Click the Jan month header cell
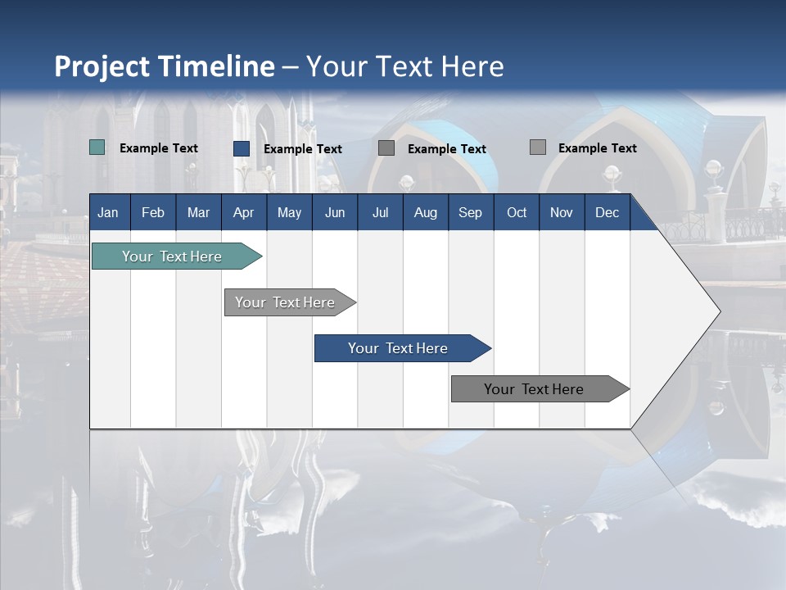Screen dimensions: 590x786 click(108, 212)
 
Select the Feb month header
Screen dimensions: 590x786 click(153, 212)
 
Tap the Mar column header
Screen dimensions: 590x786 click(198, 212)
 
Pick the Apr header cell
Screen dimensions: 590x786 click(243, 212)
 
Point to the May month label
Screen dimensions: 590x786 click(289, 212)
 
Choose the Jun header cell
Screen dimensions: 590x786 click(335, 212)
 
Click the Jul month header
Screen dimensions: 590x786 click(380, 212)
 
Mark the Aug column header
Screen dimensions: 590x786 click(425, 212)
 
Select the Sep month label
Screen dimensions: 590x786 click(470, 212)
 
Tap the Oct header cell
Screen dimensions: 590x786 click(517, 212)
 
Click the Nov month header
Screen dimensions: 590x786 click(562, 212)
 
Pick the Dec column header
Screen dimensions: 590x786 click(607, 212)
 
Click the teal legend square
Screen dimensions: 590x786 click(97, 147)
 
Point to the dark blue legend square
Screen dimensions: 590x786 click(242, 148)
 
